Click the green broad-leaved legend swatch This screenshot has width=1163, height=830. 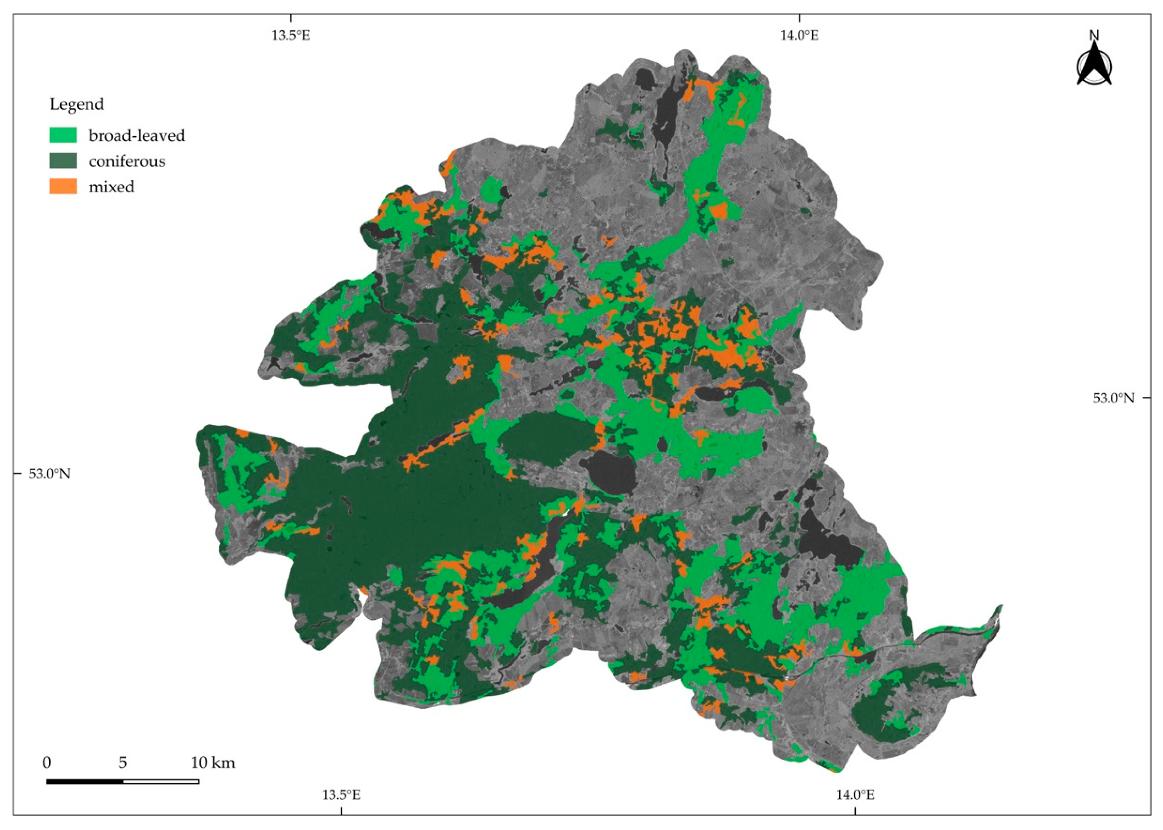click(x=63, y=135)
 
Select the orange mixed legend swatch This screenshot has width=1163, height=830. click(x=63, y=186)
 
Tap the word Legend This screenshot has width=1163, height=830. click(x=76, y=104)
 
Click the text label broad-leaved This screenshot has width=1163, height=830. click(x=137, y=136)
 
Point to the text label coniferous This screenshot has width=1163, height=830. click(x=127, y=161)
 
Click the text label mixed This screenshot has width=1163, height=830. click(x=111, y=187)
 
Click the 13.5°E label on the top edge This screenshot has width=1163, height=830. click(x=290, y=36)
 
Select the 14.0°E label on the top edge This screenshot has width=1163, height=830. click(x=799, y=36)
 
